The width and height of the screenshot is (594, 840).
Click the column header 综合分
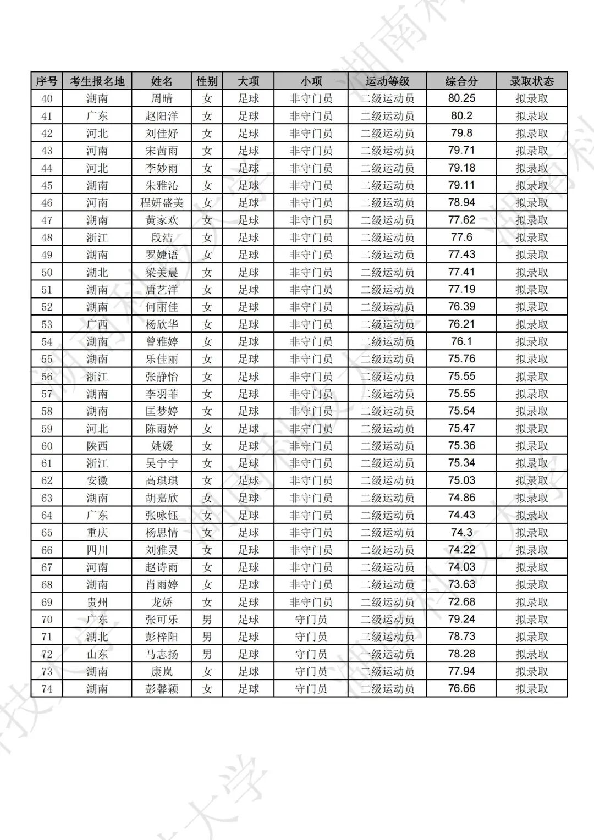click(461, 81)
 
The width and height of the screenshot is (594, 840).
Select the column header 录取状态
click(531, 81)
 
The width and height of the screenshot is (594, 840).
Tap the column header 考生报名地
click(97, 81)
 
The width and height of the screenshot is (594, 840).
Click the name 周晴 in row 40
click(162, 99)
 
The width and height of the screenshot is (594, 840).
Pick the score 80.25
click(461, 98)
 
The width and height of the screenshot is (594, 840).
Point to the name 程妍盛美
click(162, 203)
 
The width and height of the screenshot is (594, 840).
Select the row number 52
click(47, 307)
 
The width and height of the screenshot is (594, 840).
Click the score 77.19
click(461, 290)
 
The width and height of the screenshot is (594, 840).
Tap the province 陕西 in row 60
click(97, 446)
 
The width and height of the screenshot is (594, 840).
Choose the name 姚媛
click(162, 446)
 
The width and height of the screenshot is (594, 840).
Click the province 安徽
click(97, 480)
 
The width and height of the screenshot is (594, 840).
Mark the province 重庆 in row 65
click(97, 533)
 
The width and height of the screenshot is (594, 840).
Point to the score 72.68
click(461, 602)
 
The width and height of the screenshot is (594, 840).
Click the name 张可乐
click(162, 620)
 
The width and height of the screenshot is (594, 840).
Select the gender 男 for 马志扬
click(207, 654)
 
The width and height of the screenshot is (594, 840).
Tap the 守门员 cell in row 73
click(311, 672)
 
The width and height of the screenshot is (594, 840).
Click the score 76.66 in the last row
click(461, 689)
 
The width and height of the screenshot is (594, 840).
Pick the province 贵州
click(97, 602)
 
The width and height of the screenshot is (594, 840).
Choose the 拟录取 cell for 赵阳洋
click(531, 116)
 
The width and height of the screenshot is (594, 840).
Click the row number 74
click(47, 689)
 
